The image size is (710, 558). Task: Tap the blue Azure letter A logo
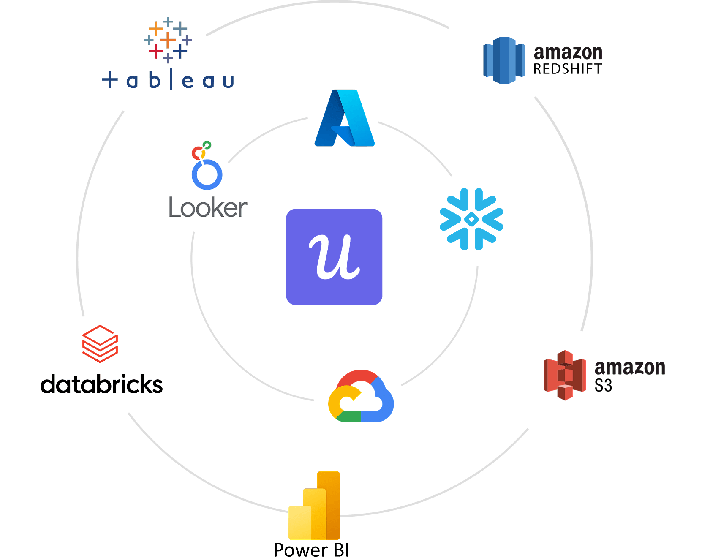(x=345, y=118)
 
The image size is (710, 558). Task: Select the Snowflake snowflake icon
(x=471, y=219)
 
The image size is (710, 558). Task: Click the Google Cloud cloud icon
(x=361, y=397)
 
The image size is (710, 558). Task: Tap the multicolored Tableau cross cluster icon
(x=168, y=40)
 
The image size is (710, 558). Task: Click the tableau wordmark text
(x=168, y=80)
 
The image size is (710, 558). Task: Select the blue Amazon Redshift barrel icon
(x=504, y=60)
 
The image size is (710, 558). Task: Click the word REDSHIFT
(x=567, y=68)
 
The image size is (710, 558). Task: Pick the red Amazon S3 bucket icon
(x=565, y=375)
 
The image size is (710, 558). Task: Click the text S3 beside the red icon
(x=603, y=385)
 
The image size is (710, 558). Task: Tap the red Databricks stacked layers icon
(x=100, y=344)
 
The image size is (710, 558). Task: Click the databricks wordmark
(x=101, y=384)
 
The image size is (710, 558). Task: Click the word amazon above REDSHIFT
(x=568, y=53)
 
